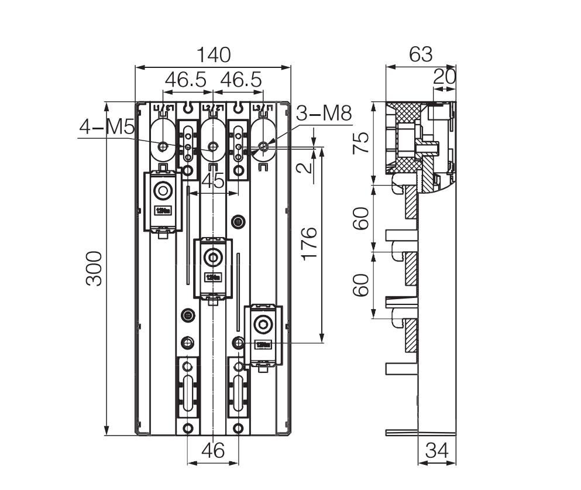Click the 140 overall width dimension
coord(213,55)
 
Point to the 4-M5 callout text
coord(107,127)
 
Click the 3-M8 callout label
coord(324,114)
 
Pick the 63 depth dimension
coord(420,54)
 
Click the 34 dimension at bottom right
coord(437,451)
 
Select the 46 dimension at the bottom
coord(213,451)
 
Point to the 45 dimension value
coord(212,181)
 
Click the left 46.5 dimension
coord(185,80)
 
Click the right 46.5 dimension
coord(240,80)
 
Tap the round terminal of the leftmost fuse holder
coord(162,191)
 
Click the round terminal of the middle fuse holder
coord(211,256)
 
